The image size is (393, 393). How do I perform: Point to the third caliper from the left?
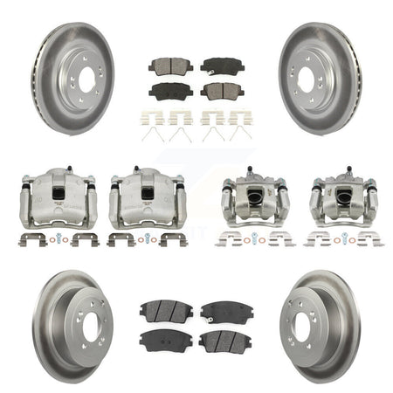pos(254,201)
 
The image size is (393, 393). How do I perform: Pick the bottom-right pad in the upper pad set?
pos(222,90)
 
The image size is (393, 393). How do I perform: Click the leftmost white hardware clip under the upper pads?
pos(156,117)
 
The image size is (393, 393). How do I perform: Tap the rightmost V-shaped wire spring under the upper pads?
pos(238,134)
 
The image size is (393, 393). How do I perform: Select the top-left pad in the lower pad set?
pos(166,310)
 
